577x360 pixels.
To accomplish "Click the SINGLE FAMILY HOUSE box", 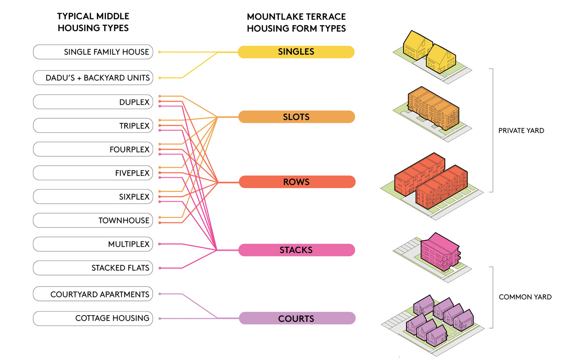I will click(x=93, y=52).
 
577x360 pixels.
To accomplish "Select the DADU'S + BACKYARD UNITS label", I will click(x=98, y=78).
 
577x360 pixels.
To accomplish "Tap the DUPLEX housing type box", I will click(x=93, y=102).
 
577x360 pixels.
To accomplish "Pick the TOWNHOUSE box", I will click(x=93, y=221).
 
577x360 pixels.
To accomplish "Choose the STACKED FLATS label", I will click(x=120, y=268).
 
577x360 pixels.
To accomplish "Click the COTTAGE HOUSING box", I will click(x=93, y=318).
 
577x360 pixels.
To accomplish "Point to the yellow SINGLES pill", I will click(x=296, y=52).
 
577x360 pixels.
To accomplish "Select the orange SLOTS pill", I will click(x=296, y=117).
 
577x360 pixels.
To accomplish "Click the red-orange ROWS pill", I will click(x=296, y=182).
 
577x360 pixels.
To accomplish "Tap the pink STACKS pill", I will click(x=296, y=250).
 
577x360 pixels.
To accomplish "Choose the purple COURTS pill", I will click(x=296, y=318).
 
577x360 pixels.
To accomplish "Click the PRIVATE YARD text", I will click(x=521, y=131).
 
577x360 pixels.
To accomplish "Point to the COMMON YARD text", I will click(x=525, y=297).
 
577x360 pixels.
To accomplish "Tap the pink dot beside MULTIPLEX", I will click(x=160, y=244).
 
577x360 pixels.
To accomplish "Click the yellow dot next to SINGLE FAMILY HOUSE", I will click(x=160, y=52).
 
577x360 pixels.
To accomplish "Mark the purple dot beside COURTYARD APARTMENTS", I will click(x=160, y=294).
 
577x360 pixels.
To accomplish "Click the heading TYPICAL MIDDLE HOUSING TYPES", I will click(x=93, y=22).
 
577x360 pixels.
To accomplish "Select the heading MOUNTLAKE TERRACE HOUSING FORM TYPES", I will click(x=296, y=23).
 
